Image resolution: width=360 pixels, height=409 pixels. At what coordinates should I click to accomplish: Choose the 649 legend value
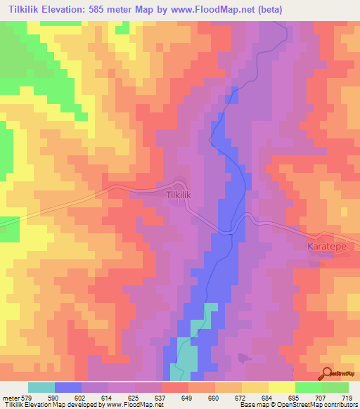188,398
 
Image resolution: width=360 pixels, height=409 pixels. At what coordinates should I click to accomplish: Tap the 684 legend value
269,398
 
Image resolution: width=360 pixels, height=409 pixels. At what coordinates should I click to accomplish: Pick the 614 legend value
108,398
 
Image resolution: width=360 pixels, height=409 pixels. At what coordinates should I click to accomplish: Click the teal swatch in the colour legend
41,387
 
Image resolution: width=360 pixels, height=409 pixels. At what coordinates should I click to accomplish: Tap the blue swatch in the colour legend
68,387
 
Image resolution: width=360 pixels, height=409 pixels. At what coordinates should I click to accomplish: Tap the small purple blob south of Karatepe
244,358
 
